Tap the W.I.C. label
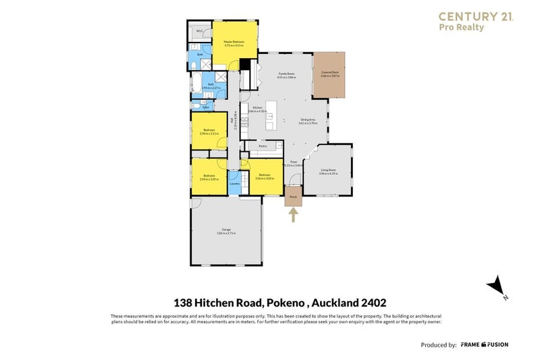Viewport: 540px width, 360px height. (x=199, y=31)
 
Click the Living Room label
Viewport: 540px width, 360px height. (x=328, y=172)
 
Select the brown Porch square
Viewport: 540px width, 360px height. (x=293, y=197)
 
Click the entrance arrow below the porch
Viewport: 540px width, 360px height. (x=293, y=215)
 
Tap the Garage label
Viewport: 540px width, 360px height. (x=226, y=232)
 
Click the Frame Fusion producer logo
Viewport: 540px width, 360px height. (x=485, y=344)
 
